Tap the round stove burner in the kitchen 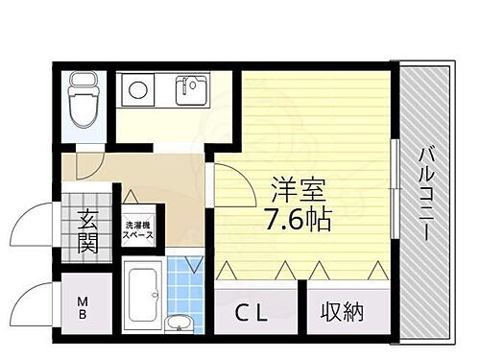(x=137, y=92)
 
